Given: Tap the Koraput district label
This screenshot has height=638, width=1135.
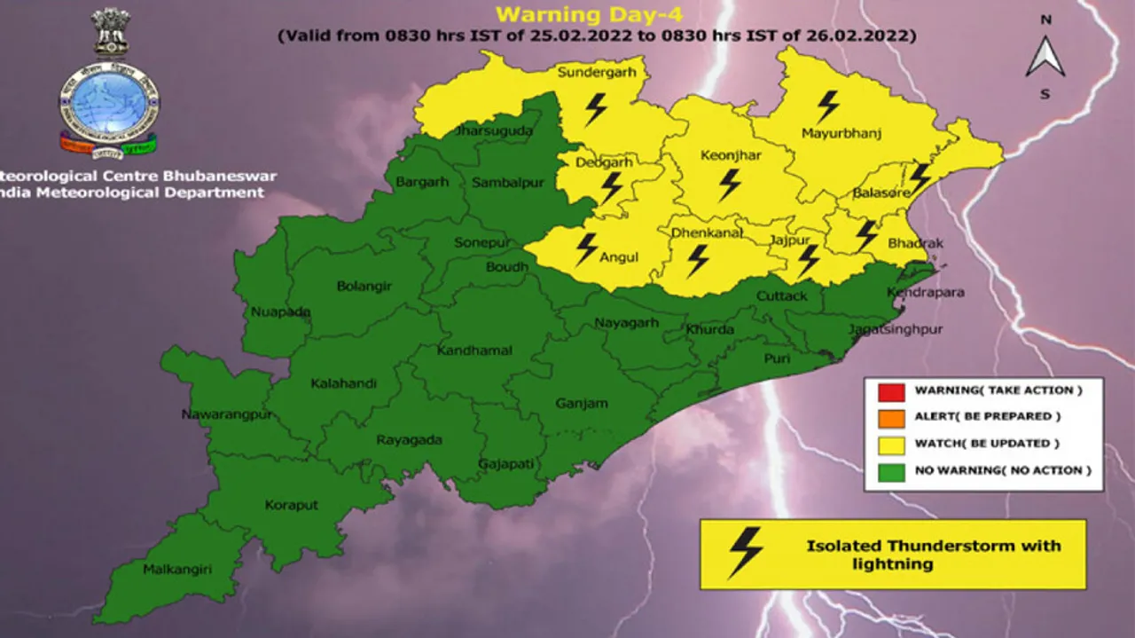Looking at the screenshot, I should click(x=291, y=506).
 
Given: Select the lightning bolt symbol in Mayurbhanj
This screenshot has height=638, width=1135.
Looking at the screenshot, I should click(x=827, y=106).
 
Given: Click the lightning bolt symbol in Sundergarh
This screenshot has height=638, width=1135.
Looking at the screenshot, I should click(x=596, y=109).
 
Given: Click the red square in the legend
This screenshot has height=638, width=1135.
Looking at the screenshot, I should click(x=892, y=390).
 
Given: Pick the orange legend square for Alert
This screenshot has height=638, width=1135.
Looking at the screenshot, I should click(x=892, y=417).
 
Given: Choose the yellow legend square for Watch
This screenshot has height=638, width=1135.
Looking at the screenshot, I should click(x=892, y=444).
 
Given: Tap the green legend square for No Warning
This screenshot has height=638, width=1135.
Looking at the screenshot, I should click(x=892, y=471).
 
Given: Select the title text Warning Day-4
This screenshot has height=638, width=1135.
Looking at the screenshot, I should click(x=587, y=15).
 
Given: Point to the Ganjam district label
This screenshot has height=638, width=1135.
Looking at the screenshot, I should click(x=582, y=404).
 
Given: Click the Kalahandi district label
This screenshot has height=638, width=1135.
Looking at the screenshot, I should click(x=343, y=383).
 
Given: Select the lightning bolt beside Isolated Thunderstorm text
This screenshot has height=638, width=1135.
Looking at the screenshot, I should click(x=745, y=553).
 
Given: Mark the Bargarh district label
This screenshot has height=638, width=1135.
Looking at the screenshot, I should click(x=422, y=182).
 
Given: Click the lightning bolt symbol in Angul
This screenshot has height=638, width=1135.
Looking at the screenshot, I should click(x=586, y=249).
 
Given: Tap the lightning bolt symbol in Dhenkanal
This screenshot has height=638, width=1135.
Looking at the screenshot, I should click(x=698, y=261).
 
